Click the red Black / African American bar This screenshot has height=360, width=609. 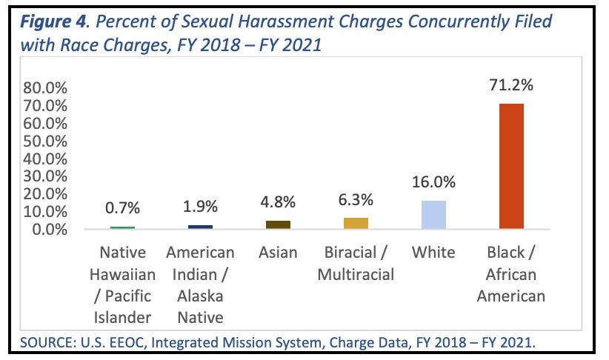pyautogui.click(x=511, y=166)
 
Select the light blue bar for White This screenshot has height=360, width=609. pyautogui.click(x=433, y=215)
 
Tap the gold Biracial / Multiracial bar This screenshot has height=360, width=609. pyautogui.click(x=356, y=223)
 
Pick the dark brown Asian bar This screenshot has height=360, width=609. pyautogui.click(x=278, y=224)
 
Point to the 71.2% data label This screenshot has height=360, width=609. pyautogui.click(x=511, y=84)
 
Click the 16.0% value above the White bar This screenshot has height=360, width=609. pyautogui.click(x=433, y=181)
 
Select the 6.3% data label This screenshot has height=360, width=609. pyautogui.click(x=356, y=200)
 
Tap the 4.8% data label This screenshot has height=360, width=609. pyautogui.click(x=278, y=202)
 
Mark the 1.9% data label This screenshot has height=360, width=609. pyautogui.click(x=201, y=207)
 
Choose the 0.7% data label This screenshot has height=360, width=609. pyautogui.click(x=123, y=208)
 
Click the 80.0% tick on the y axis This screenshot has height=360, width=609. pyautogui.click(x=45, y=88)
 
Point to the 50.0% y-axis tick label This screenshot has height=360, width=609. pyautogui.click(x=45, y=141)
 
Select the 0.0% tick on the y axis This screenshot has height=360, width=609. pyautogui.click(x=50, y=230)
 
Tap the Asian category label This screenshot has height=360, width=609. pyautogui.click(x=278, y=253)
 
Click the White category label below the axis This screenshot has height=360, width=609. pyautogui.click(x=433, y=253)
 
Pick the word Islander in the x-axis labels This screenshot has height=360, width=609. pyautogui.click(x=122, y=318)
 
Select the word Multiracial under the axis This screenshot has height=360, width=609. pyautogui.click(x=356, y=275)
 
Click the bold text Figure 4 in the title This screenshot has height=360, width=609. pyautogui.click(x=53, y=21)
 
